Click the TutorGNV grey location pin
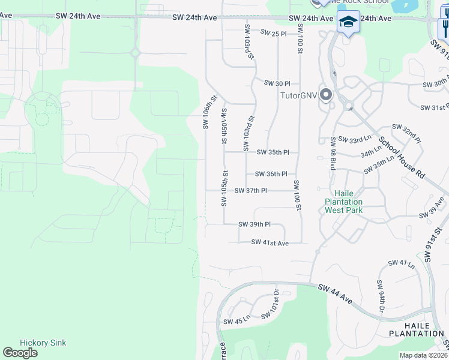(326, 95)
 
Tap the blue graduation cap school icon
(348, 22)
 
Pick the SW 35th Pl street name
(273, 152)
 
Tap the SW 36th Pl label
(271, 174)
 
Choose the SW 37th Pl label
(250, 191)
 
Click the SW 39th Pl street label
(255, 224)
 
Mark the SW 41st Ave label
(270, 242)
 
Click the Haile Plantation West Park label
(343, 202)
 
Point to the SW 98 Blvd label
(332, 154)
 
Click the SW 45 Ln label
(237, 321)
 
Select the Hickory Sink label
(43, 343)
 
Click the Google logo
(20, 353)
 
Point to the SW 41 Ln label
(401, 263)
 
